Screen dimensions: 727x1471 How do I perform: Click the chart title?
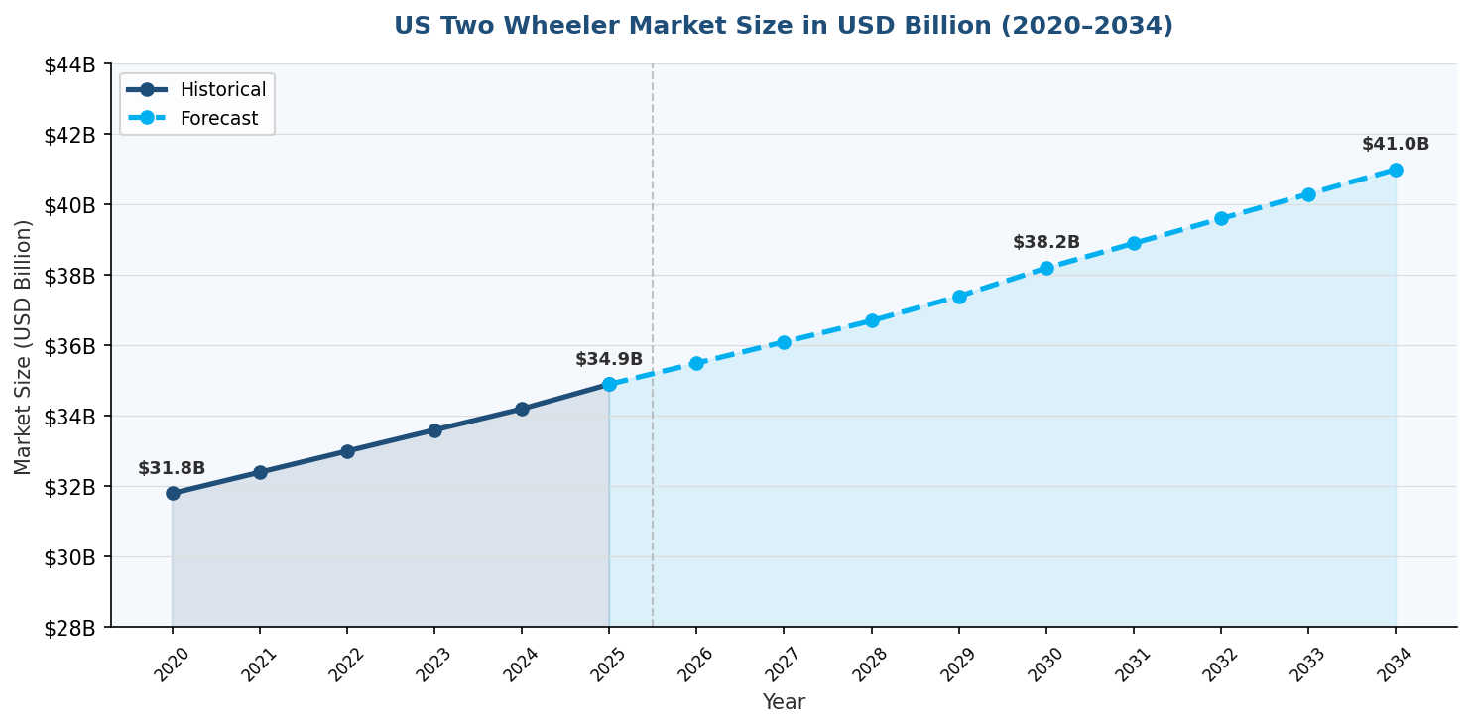(x=783, y=27)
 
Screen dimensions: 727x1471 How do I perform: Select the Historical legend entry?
(x=222, y=90)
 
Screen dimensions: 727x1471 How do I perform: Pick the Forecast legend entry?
(x=218, y=119)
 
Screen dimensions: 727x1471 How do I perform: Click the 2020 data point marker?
(x=173, y=493)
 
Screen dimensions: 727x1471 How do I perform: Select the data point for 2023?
(x=434, y=430)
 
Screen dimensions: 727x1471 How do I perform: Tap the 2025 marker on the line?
(x=609, y=384)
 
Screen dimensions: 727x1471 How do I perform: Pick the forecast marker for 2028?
(x=872, y=320)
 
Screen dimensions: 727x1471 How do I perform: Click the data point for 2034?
(x=1396, y=170)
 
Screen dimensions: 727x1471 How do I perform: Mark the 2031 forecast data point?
(x=1134, y=243)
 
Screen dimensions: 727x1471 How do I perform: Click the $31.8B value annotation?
(x=172, y=469)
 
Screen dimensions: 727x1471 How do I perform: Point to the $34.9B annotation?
(x=609, y=360)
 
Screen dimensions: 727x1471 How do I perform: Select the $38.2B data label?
(x=1046, y=243)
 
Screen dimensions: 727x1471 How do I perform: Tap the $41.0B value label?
(x=1396, y=145)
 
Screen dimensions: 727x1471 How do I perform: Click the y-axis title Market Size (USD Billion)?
(x=24, y=346)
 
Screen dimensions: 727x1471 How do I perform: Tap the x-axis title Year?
(x=784, y=703)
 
